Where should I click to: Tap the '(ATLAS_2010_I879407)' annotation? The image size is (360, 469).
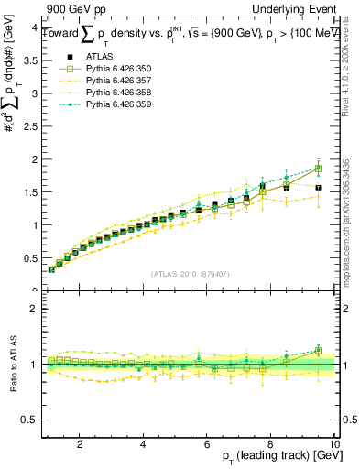coord(191,273)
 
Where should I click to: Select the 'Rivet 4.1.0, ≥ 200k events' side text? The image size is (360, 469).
coord(352,78)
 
